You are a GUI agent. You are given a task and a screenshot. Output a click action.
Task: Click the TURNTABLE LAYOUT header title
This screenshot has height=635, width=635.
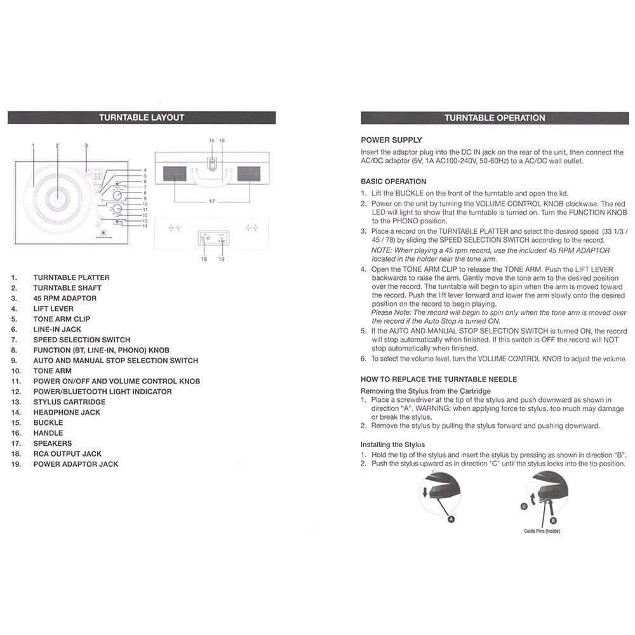click(x=142, y=117)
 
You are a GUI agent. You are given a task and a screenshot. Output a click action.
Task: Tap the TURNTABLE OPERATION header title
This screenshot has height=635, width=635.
click(x=495, y=117)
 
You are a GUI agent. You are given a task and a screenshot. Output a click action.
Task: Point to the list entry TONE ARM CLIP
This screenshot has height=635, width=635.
click(x=62, y=319)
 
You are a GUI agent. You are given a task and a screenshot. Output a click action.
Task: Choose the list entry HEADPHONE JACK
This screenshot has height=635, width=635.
click(x=67, y=412)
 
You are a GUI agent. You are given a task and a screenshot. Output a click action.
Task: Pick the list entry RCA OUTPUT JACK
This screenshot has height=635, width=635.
click(x=67, y=453)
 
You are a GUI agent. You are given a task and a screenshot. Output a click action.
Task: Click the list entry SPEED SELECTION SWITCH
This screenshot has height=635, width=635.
click(x=82, y=340)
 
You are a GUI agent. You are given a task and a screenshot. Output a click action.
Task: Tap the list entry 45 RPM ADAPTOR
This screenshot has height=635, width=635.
click(x=65, y=298)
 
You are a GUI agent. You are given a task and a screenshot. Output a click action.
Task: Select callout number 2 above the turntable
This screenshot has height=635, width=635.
click(x=57, y=146)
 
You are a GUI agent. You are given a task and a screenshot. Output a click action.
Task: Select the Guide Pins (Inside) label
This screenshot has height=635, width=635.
click(x=542, y=531)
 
